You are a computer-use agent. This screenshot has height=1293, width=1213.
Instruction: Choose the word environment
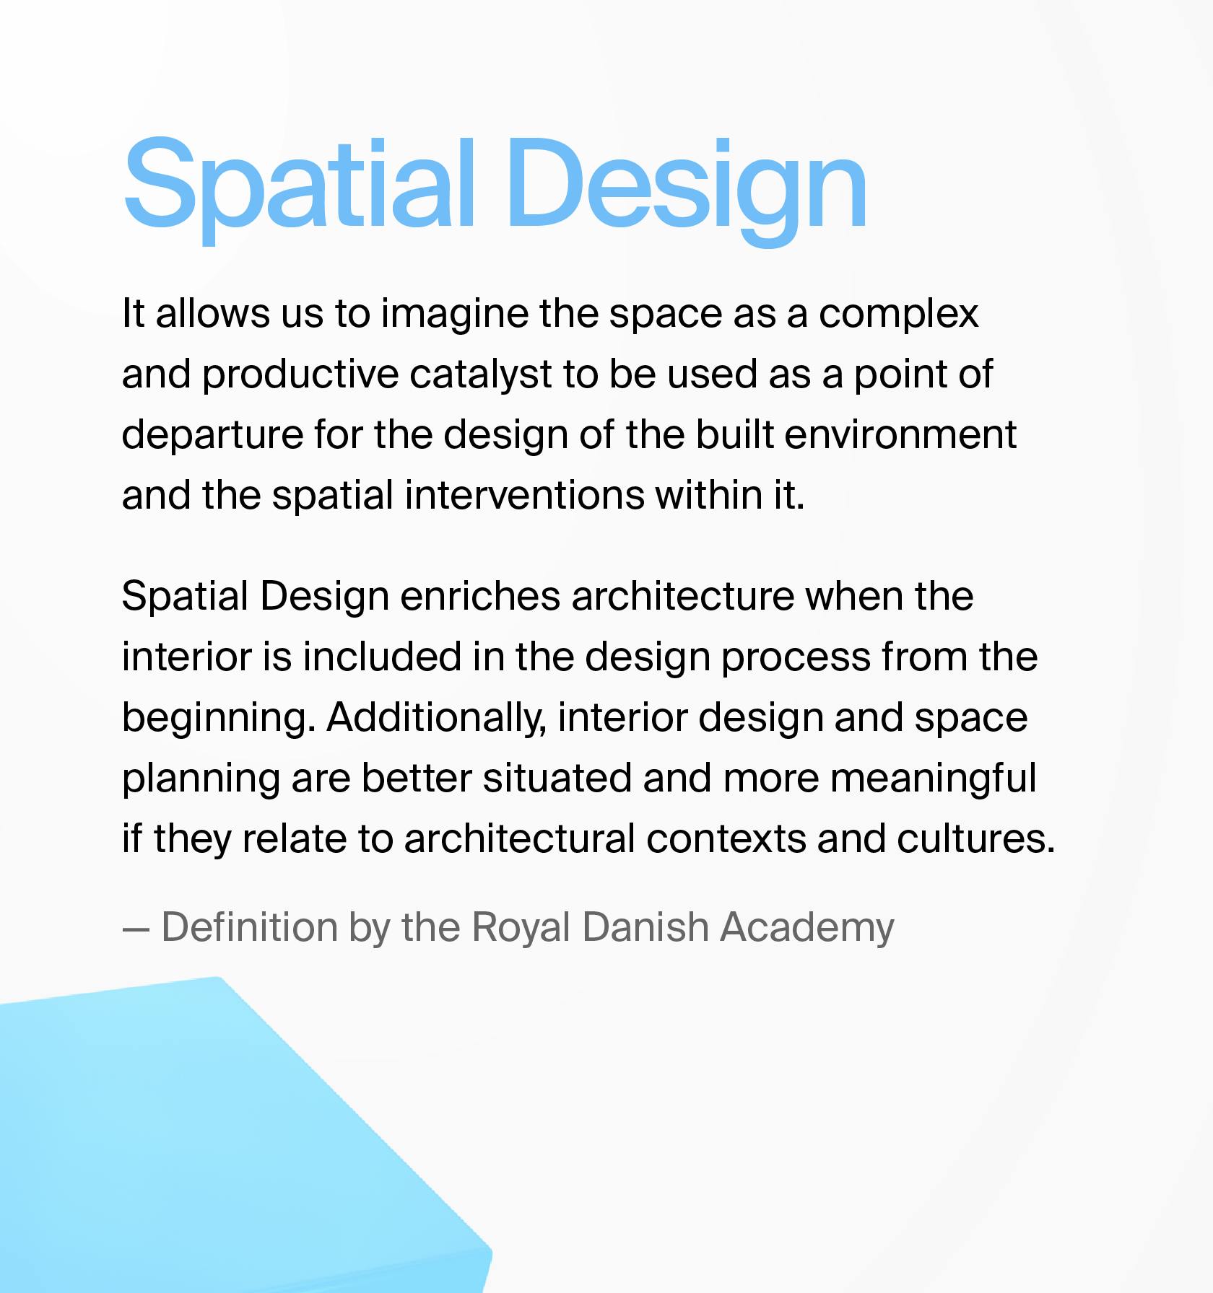[x=900, y=435]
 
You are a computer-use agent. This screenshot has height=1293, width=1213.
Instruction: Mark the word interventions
[x=524, y=496]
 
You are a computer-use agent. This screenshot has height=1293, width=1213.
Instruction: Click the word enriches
[x=480, y=597]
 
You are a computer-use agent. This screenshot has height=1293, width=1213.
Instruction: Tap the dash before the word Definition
[x=136, y=930]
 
